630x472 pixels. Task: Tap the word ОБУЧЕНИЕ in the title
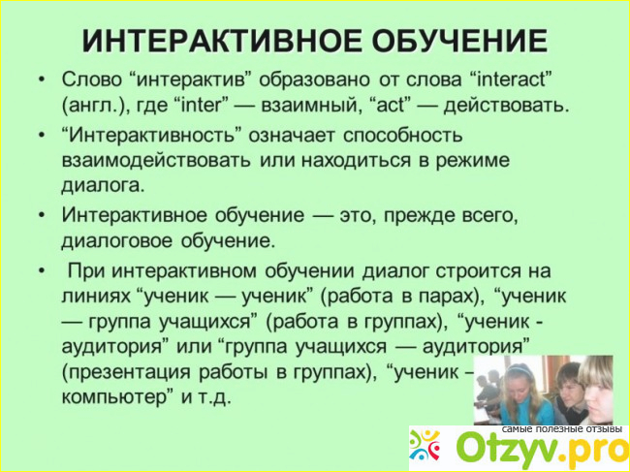(x=436, y=41)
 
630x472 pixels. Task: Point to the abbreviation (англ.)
(x=91, y=107)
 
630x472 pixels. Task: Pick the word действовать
(x=506, y=106)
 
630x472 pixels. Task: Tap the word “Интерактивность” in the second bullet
(x=152, y=135)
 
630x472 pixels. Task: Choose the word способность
(x=402, y=136)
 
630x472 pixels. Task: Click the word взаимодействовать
(x=156, y=160)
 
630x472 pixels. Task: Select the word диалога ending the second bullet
(x=103, y=186)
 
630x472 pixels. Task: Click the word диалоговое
(x=117, y=242)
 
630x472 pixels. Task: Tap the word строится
(x=475, y=270)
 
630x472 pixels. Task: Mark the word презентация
(x=126, y=372)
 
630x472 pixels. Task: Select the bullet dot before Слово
(x=42, y=79)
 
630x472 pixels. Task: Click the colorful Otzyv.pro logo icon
(x=425, y=446)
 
